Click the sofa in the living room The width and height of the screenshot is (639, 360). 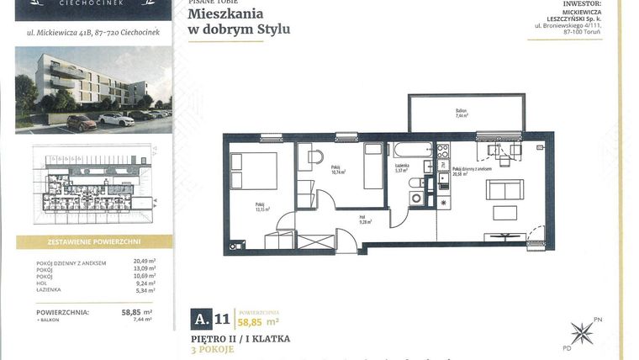[x=504, y=189]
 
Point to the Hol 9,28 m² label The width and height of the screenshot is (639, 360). [x=365, y=221]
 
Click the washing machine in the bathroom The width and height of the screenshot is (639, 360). [x=417, y=199]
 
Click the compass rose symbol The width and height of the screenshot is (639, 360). [x=582, y=332]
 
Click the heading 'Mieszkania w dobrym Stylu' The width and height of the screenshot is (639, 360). [x=239, y=22]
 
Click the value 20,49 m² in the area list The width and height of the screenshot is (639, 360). [x=145, y=262]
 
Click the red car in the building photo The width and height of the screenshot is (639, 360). [x=82, y=123]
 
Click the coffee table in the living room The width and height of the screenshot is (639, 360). [x=504, y=213]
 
